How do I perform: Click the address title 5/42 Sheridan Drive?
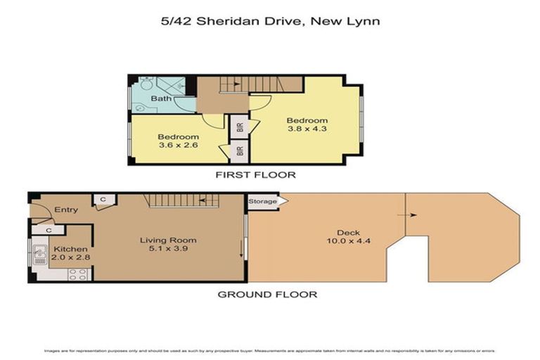tap(270, 22)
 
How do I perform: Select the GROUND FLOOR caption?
tap(266, 294)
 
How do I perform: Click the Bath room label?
tap(161, 98)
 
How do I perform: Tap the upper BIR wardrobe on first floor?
tap(240, 127)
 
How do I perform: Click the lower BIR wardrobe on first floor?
tap(240, 151)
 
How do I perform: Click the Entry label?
tap(65, 210)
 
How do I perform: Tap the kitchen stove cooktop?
tap(77, 274)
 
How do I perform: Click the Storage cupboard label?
tap(262, 202)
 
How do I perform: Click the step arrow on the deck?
tap(411, 216)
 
